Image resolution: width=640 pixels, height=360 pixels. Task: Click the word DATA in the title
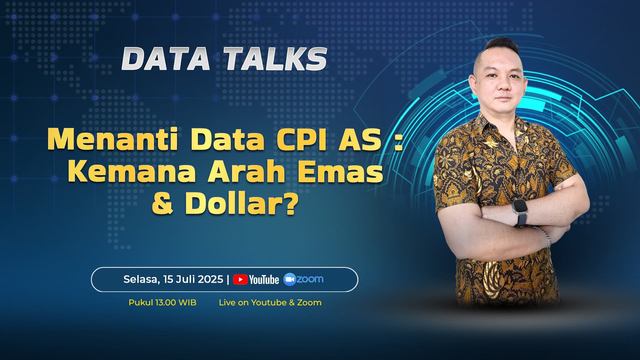(x=166, y=59)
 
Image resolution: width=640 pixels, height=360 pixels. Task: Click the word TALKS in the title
(x=275, y=59)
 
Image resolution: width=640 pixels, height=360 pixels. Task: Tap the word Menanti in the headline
(x=113, y=139)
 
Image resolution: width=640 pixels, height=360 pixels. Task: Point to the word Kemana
(x=132, y=171)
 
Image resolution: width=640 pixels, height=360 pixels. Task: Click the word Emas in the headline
(x=340, y=171)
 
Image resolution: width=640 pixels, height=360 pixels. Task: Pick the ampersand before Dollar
(x=162, y=203)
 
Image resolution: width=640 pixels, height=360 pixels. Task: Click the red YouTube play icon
(x=240, y=279)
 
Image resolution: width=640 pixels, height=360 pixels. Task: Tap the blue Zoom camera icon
(x=290, y=279)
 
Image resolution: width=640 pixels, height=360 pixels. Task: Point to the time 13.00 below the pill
(x=165, y=303)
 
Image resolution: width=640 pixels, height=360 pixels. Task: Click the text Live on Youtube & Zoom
(x=270, y=303)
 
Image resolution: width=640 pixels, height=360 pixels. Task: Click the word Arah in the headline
(x=247, y=171)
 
